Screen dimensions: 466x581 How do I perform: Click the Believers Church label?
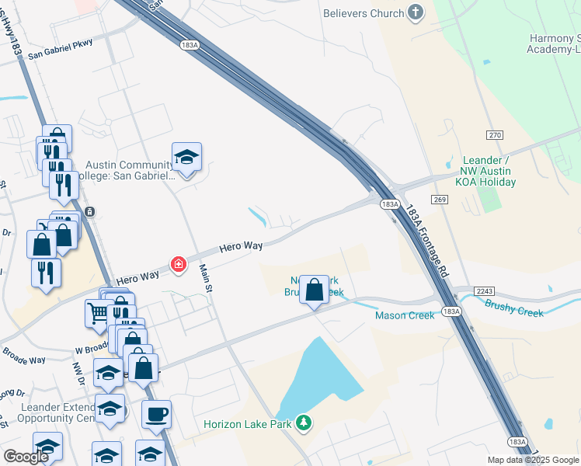point(364,13)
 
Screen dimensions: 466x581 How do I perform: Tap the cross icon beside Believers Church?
point(416,12)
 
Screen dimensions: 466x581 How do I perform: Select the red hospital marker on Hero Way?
point(179,265)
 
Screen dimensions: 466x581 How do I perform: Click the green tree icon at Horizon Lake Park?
point(305,423)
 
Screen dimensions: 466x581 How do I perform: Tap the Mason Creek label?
point(405,315)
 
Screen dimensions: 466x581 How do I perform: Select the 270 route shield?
point(495,135)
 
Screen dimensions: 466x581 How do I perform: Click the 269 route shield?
point(441,199)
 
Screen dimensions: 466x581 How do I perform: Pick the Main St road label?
point(206,278)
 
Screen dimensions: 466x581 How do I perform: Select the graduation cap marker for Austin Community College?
point(186,157)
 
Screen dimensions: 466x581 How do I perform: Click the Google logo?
point(25,457)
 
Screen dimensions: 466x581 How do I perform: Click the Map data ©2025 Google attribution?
point(533,460)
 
